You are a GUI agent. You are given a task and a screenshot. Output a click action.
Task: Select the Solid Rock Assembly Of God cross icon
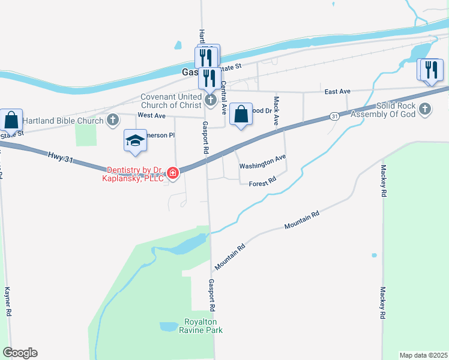click(425, 109)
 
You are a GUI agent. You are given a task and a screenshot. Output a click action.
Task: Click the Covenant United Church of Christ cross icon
click(210, 100)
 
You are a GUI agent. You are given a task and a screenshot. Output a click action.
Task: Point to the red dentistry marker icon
click(173, 173)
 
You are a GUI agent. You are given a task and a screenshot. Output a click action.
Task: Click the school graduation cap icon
click(135, 141)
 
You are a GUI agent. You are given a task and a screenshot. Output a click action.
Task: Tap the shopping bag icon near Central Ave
click(240, 113)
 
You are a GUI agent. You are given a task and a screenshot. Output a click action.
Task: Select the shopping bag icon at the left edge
click(11, 120)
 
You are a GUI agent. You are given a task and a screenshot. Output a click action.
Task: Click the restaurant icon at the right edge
click(430, 70)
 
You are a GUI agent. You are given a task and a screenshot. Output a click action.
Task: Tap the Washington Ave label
click(262, 161)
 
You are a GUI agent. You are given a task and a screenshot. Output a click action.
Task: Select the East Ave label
click(337, 91)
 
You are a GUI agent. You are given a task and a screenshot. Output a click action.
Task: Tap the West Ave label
click(151, 115)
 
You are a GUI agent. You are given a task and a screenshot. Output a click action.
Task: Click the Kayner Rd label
click(8, 302)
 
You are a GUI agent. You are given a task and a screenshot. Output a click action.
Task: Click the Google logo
click(20, 353)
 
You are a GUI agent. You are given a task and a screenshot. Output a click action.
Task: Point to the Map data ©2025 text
click(423, 355)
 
